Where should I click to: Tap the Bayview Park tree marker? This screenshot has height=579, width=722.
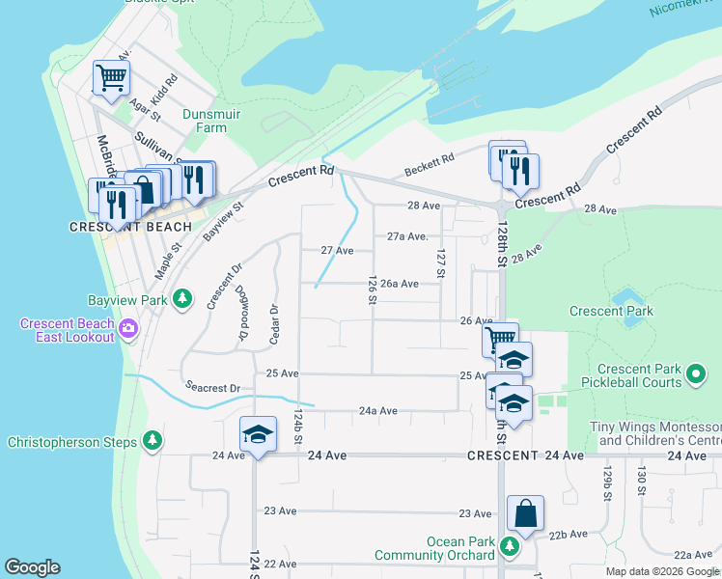point(180,300)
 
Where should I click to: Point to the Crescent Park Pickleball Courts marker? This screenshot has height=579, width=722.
point(693,375)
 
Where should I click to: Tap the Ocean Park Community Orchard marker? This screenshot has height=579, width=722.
point(511,548)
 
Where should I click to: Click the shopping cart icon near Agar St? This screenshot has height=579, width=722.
point(111,79)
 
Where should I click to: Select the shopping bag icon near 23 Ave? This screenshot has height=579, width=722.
point(525,514)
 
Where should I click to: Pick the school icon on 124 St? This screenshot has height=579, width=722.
point(258,436)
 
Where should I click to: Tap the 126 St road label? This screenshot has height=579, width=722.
point(372,289)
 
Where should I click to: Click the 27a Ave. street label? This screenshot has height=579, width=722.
point(406,236)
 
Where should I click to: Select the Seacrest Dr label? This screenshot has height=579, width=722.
point(212,388)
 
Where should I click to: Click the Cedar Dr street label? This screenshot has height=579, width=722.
point(274,323)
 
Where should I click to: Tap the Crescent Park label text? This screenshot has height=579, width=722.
point(611,311)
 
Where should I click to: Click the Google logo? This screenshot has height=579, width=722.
point(32,567)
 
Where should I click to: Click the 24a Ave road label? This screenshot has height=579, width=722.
point(378,410)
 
